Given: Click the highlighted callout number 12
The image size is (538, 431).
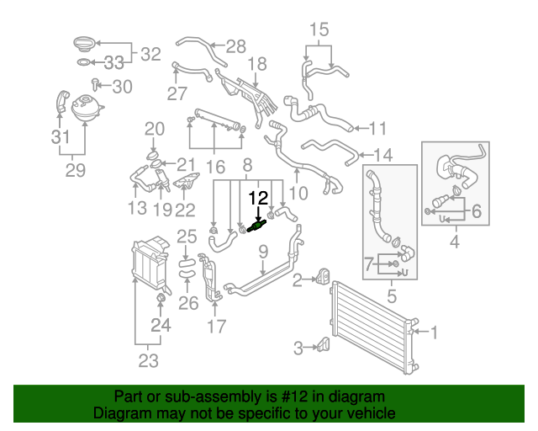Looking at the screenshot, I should (x=259, y=199).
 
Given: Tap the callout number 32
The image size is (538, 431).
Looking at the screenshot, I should (x=150, y=55).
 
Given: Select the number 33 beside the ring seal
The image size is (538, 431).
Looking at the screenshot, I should (x=114, y=62).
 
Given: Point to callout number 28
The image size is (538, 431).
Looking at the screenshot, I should (x=235, y=45).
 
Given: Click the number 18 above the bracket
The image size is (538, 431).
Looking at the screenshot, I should (x=256, y=63).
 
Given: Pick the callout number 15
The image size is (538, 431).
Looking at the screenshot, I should (x=319, y=31).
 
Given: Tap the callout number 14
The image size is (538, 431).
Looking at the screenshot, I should (x=382, y=155).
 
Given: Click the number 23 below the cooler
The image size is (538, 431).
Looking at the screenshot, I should (x=148, y=362).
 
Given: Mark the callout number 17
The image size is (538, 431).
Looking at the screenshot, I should (x=216, y=326).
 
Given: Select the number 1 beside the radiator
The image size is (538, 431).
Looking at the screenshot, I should (x=434, y=333).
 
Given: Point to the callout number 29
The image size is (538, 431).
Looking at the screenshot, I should (x=76, y=171).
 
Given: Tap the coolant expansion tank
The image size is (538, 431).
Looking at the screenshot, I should (x=86, y=109).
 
